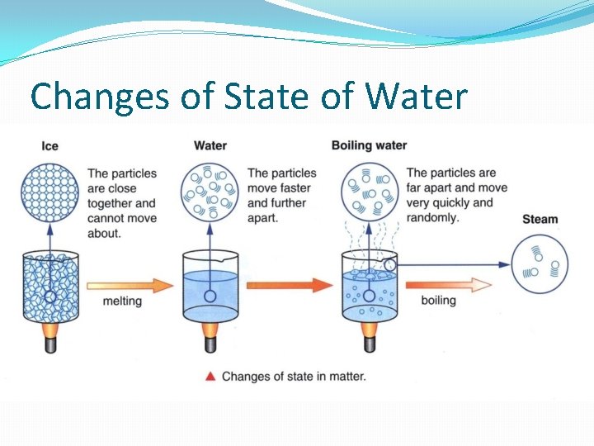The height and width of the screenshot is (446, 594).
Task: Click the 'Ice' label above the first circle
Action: tap(49, 146)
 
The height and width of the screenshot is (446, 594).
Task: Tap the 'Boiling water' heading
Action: tap(369, 145)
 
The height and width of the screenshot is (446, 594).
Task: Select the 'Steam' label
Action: tap(540, 219)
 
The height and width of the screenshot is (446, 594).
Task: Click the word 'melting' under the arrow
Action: tap(122, 301)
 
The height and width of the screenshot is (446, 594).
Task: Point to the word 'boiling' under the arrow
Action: tap(438, 301)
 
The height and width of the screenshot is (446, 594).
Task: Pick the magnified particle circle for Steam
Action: tap(540, 263)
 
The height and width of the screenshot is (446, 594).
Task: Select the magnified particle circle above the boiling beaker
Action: tap(370, 192)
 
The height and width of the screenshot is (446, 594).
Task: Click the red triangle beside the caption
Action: tap(210, 377)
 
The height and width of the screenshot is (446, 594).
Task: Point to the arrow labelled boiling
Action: tap(445, 285)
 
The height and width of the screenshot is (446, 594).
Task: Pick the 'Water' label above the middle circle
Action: tap(210, 146)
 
